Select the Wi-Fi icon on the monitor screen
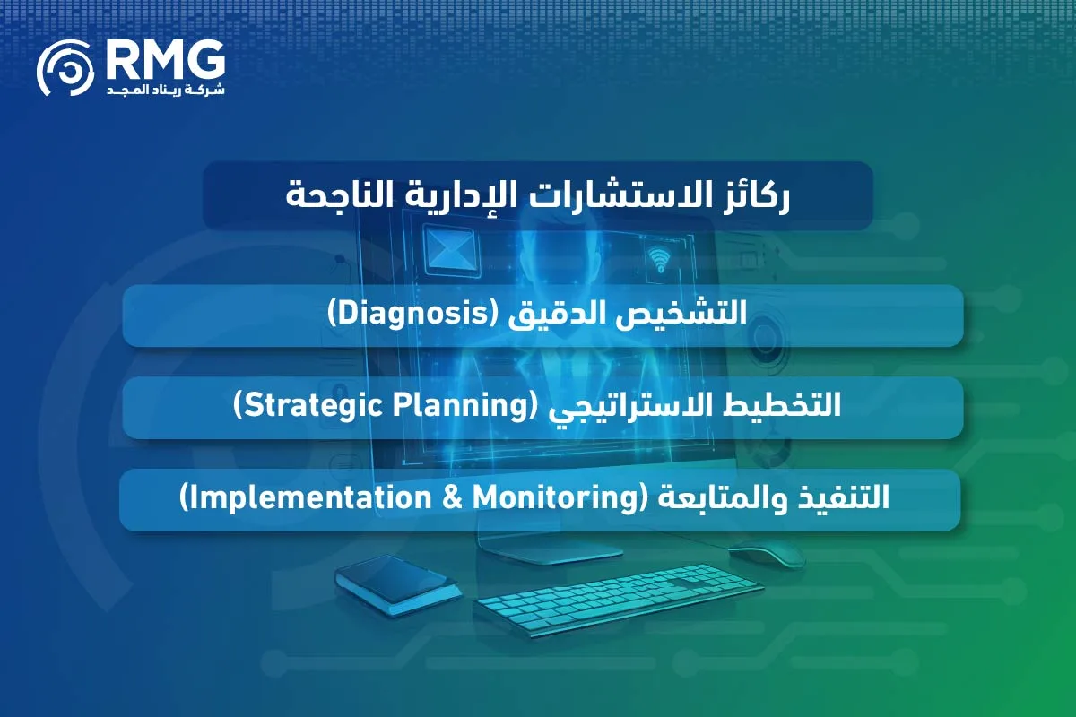coord(658,261)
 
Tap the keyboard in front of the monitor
coord(618,595)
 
